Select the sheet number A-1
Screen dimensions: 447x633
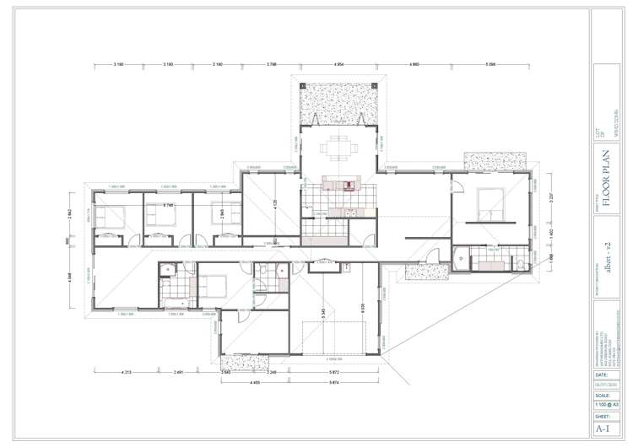pyautogui.click(x=603, y=428)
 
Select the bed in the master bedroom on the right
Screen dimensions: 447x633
pyautogui.click(x=490, y=202)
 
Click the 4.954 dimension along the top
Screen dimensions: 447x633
pyautogui.click(x=339, y=65)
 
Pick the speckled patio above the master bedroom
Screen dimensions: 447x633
pyautogui.click(x=494, y=161)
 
